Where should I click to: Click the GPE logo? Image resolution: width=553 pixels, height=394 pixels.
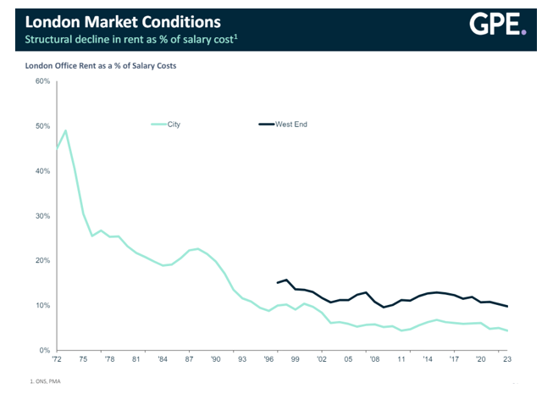(498, 26)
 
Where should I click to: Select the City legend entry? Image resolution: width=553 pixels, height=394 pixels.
(173, 125)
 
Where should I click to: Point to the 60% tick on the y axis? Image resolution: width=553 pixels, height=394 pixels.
(43, 81)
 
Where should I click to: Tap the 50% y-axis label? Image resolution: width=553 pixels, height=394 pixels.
(43, 126)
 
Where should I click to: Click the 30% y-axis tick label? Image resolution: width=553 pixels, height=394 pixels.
(43, 216)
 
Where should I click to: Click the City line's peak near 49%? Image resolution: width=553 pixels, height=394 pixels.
(65, 130)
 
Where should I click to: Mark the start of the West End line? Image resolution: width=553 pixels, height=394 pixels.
(278, 283)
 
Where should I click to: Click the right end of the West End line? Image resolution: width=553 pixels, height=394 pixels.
(507, 306)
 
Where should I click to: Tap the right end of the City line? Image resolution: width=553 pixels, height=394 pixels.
(507, 330)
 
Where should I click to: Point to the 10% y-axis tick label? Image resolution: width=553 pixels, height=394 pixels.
(43, 305)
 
